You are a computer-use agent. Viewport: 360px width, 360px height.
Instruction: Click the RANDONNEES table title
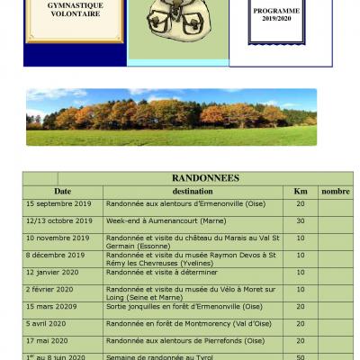tap(192, 178)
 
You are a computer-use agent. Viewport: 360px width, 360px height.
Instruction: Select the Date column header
tap(62, 192)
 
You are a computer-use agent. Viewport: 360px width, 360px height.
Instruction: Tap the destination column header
tap(193, 192)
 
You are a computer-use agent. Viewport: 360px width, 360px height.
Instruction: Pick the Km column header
tap(301, 192)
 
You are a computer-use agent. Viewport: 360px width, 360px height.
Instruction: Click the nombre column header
tap(336, 192)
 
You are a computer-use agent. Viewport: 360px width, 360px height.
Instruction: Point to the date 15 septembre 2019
tap(58, 204)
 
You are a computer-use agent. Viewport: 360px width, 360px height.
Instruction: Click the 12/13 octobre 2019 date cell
tap(58, 220)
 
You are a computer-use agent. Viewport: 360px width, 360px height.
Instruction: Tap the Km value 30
tap(301, 220)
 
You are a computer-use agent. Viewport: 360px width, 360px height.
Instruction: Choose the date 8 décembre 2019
tap(56, 255)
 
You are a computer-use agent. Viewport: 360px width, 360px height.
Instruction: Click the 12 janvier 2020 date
tap(52, 272)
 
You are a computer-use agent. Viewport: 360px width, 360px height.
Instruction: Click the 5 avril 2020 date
tap(46, 323)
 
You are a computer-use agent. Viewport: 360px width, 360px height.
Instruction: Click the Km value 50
tap(301, 356)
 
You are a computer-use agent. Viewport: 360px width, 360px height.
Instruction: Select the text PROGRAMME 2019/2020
tap(277, 13)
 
